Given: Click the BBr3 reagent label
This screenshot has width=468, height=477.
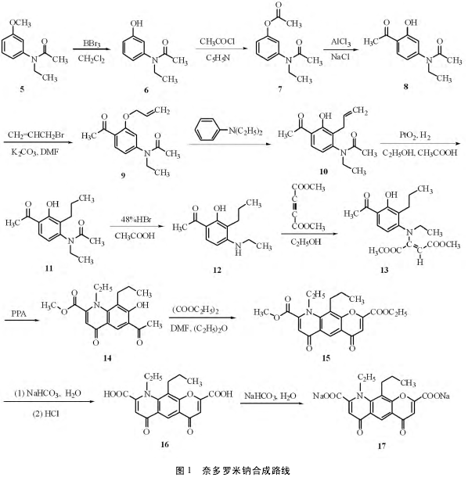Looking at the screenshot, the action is pyautogui.click(x=92, y=44).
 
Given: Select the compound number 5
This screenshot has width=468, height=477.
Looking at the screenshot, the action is pyautogui.click(x=22, y=89).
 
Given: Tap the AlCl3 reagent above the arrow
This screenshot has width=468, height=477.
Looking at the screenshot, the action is pyautogui.click(x=340, y=41).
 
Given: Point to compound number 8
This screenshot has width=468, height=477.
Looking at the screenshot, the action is pyautogui.click(x=405, y=86).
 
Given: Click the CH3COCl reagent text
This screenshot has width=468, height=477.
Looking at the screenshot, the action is pyautogui.click(x=217, y=41).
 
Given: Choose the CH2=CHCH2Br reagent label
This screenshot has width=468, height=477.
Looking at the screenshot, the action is pyautogui.click(x=36, y=134).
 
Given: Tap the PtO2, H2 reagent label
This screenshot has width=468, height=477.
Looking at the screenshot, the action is pyautogui.click(x=416, y=135).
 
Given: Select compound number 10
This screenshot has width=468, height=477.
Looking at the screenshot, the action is pyautogui.click(x=324, y=172).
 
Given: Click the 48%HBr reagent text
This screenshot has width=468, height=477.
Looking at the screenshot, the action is pyautogui.click(x=136, y=220).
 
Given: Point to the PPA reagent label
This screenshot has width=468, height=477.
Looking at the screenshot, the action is pyautogui.click(x=19, y=314).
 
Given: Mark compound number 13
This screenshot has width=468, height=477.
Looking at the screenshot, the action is pyautogui.click(x=384, y=270).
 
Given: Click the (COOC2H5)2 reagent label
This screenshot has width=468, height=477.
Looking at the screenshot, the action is pyautogui.click(x=196, y=310).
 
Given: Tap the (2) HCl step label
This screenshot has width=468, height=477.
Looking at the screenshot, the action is pyautogui.click(x=45, y=414).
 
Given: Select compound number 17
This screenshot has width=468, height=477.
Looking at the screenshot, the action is pyautogui.click(x=382, y=446).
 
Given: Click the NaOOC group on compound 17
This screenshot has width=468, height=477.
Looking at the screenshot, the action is pyautogui.click(x=327, y=396).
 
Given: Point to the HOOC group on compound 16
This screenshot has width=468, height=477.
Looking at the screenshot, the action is pyautogui.click(x=117, y=394).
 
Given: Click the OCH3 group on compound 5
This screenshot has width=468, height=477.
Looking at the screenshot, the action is pyautogui.click(x=20, y=23).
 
